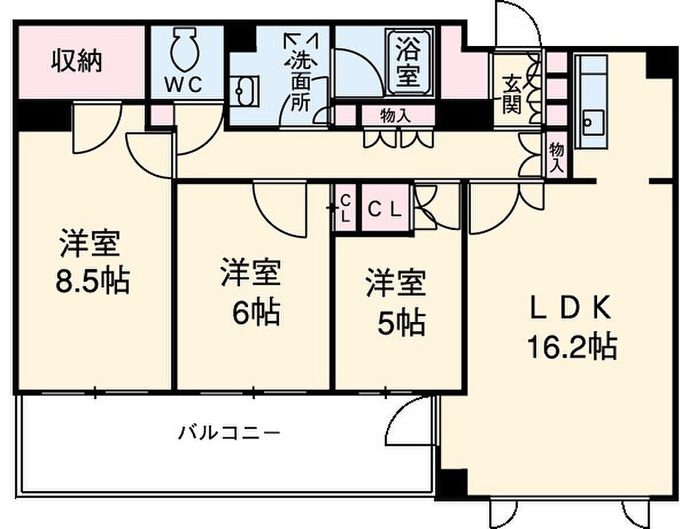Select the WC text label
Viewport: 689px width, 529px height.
(184, 85)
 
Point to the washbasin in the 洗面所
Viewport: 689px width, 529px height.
(245, 91)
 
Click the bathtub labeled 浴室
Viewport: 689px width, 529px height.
(409, 63)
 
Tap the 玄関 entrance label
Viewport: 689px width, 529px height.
(512, 94)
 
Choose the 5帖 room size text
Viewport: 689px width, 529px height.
(401, 324)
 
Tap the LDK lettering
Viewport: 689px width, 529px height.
(571, 308)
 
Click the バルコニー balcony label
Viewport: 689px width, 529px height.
(229, 433)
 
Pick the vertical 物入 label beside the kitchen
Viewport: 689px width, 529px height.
(557, 158)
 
